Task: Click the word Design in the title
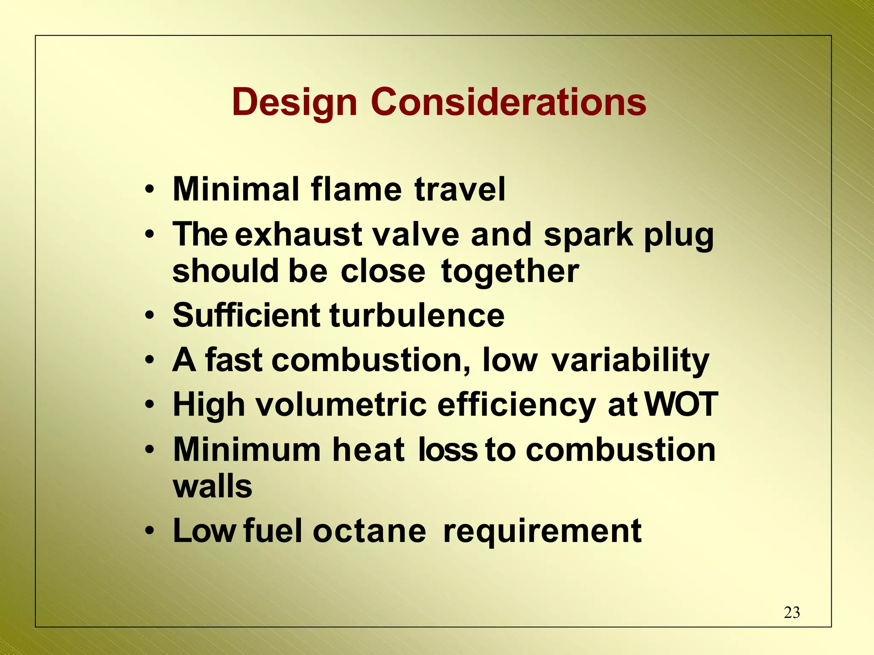point(294,102)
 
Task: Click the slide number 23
point(792,612)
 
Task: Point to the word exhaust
point(299,235)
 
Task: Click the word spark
point(588,235)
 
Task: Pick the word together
point(510,271)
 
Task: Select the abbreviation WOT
point(681,404)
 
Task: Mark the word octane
point(369,531)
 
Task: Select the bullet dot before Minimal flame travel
point(149,189)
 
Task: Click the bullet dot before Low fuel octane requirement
point(149,531)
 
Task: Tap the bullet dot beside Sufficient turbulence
point(149,316)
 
